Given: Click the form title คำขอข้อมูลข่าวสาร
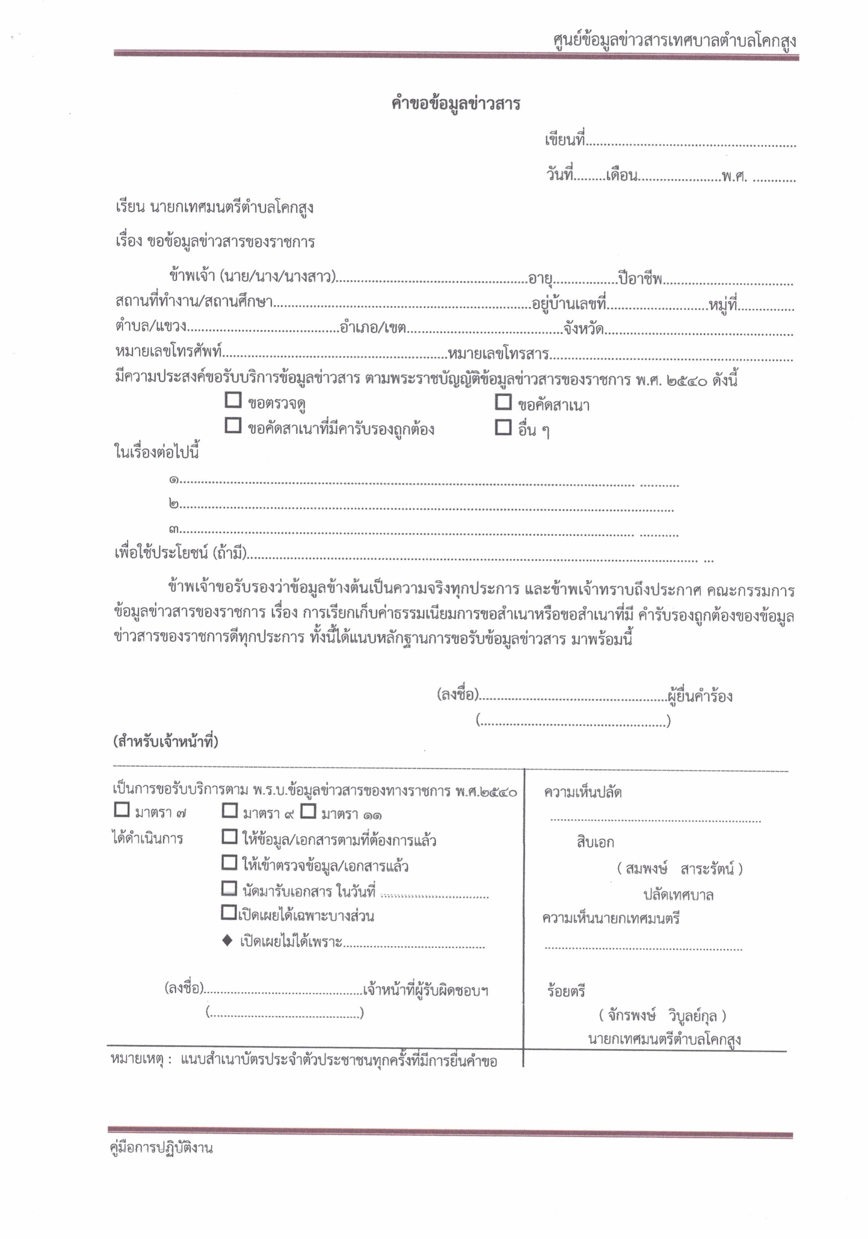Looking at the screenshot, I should click(455, 103).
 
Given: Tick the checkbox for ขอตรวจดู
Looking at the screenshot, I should click(233, 401).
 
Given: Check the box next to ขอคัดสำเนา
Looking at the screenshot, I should click(503, 402).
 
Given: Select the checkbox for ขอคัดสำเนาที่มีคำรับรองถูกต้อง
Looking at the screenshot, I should click(233, 425).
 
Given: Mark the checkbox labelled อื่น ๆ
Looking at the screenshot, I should click(503, 428).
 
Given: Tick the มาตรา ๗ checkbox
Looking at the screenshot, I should click(122, 809).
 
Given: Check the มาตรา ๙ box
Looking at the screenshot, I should click(230, 810).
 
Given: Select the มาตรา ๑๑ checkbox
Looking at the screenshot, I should click(308, 810).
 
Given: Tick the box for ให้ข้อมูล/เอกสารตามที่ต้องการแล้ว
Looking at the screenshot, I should click(230, 836).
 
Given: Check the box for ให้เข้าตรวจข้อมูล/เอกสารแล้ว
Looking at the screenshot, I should click(230, 862).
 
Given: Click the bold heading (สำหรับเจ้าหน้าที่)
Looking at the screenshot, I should click(166, 742).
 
